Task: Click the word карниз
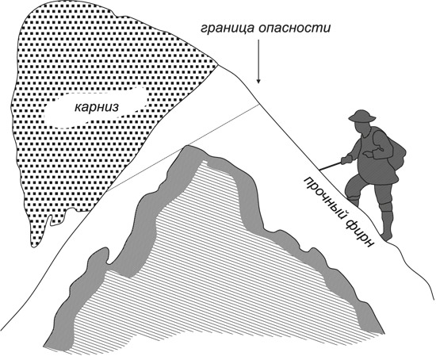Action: (96, 107)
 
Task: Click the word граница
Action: (228, 28)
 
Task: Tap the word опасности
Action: (294, 28)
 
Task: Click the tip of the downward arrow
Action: (258, 83)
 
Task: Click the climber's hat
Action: (362, 116)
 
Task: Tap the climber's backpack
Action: (395, 152)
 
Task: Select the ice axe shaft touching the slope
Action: (331, 166)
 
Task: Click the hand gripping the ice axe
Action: (346, 159)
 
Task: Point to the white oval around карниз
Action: (96, 107)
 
